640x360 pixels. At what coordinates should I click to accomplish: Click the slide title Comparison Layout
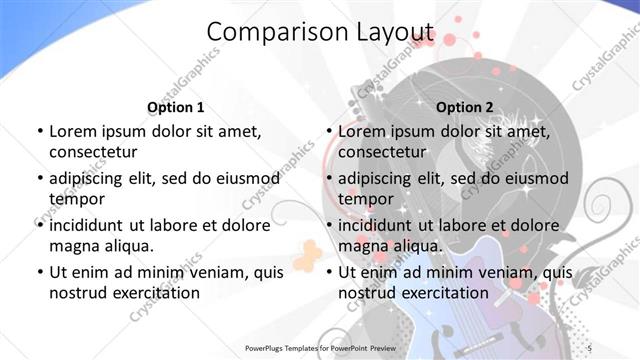320,32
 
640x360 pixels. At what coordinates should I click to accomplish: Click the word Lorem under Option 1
73,131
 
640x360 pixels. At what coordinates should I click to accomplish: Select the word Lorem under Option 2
362,131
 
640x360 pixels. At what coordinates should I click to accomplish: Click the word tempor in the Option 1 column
75,198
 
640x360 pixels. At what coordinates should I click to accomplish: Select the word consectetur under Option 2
382,152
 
